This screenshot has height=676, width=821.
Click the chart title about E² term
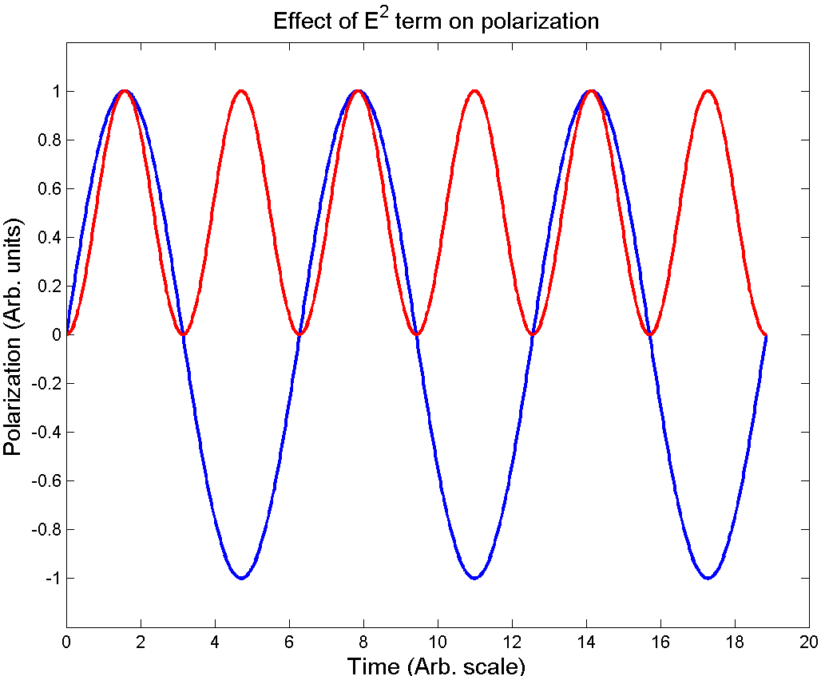tap(436, 21)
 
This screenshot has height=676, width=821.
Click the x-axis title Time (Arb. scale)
tap(436, 665)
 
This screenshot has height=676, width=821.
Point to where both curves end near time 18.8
tap(766, 335)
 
